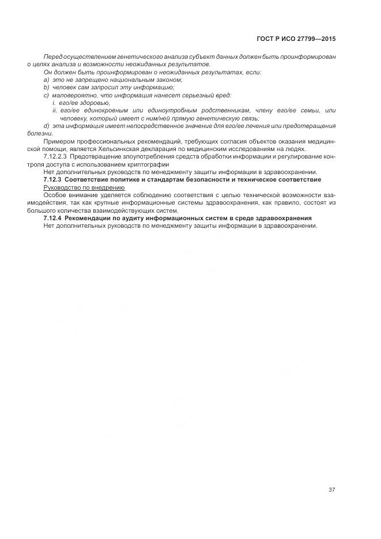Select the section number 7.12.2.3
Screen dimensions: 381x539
click(55, 156)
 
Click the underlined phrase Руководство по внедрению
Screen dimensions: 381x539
click(84, 187)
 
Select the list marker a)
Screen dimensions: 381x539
click(46, 80)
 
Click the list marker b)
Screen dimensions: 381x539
click(46, 87)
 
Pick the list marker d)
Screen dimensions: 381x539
click(46, 125)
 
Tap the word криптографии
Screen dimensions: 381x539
click(144, 164)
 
